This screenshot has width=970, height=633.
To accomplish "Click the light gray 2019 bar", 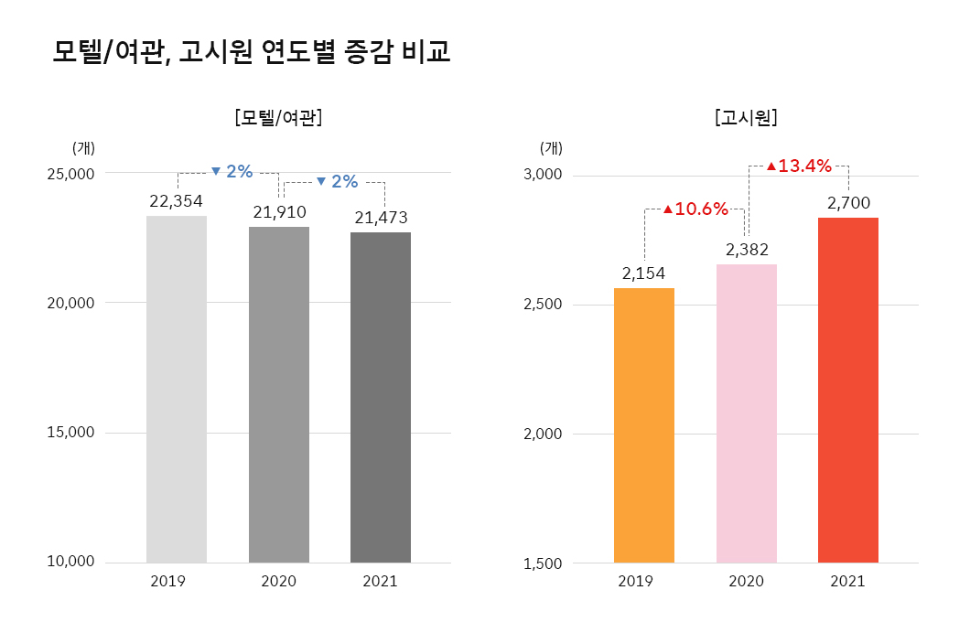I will click(177, 389).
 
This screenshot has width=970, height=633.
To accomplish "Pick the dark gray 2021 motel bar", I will click(381, 397).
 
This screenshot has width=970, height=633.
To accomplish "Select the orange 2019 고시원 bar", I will click(644, 424).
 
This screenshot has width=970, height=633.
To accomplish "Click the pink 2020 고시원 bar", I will click(747, 413).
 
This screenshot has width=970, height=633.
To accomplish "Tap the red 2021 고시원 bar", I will click(848, 390).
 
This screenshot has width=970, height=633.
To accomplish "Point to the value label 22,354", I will click(176, 201).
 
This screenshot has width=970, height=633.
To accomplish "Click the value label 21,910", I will click(279, 212).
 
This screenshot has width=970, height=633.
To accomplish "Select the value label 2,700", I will click(848, 203).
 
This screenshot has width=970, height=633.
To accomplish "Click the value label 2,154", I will click(643, 274).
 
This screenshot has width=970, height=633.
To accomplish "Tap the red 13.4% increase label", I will click(799, 166).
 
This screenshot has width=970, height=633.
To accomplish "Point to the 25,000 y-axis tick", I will click(71, 173).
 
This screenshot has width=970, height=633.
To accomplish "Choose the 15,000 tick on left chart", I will click(71, 432).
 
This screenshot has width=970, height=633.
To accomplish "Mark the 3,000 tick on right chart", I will click(543, 175).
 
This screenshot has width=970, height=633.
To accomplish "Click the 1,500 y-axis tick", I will click(543, 563).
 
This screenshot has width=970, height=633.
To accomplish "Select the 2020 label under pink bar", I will click(746, 581).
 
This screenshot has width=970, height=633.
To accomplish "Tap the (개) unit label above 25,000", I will click(83, 147).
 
